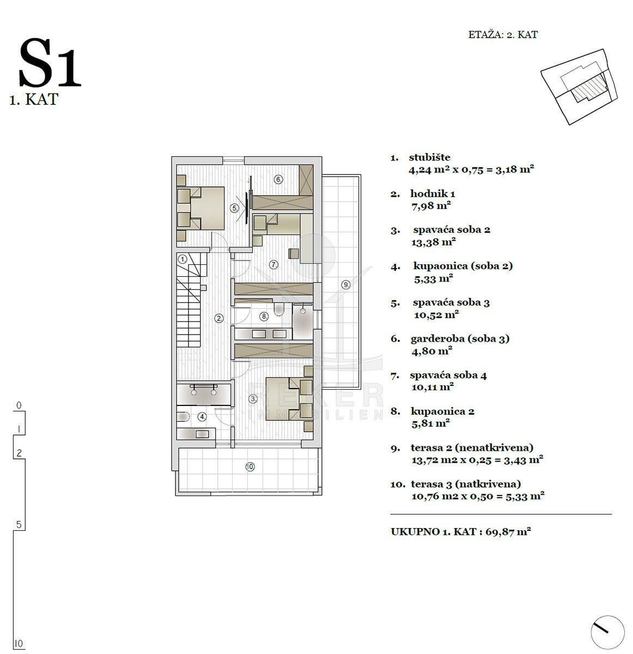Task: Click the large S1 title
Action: pos(50,63)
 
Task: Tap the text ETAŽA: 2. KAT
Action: pos(503,35)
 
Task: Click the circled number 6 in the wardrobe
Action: pos(278,179)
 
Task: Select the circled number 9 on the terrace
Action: pos(346,284)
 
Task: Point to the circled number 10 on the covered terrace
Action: pos(250,467)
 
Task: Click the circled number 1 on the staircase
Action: pos(182,259)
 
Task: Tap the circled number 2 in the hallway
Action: pos(219,318)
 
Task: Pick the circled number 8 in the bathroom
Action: pos(264,316)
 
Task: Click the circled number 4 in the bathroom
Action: pos(202,417)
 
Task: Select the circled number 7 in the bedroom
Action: pos(274,264)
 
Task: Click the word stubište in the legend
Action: pos(429,158)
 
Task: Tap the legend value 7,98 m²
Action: pos(431,205)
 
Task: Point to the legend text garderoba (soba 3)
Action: pos(460,338)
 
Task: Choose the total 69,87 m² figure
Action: pos(508,531)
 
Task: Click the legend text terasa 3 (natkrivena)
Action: pos(466,484)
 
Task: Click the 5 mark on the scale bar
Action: pos(19,525)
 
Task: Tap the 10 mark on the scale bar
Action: pos(19,643)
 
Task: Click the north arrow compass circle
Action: pos(607,632)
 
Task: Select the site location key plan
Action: pos(579,87)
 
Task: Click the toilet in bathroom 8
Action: pos(278,309)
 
